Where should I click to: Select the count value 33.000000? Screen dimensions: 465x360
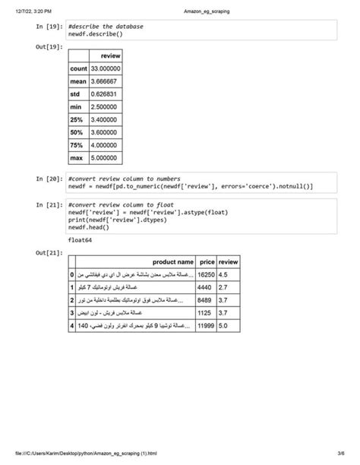(x=105, y=68)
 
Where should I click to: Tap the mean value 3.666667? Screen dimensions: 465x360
(x=105, y=81)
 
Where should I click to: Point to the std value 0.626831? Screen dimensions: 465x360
(x=105, y=93)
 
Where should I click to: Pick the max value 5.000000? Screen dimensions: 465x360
(x=105, y=158)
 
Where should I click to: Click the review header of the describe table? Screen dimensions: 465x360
(x=109, y=55)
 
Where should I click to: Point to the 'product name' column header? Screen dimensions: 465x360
(x=173, y=261)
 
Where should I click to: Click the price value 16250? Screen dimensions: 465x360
(x=206, y=274)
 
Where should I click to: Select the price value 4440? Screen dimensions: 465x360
(x=204, y=287)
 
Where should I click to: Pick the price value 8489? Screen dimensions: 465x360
(x=204, y=300)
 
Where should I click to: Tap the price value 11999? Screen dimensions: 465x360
(x=206, y=326)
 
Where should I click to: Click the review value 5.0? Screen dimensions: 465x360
(x=223, y=326)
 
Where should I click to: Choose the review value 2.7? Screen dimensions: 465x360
(x=223, y=287)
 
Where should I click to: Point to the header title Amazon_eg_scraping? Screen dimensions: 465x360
(x=207, y=11)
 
